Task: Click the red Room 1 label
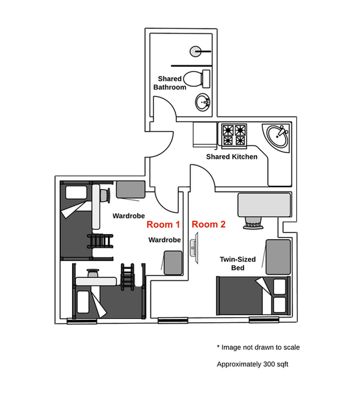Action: (163, 224)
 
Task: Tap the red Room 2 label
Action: (208, 224)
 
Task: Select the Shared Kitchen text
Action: (232, 156)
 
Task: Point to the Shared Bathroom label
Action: (170, 83)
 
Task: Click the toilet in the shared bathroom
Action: (197, 78)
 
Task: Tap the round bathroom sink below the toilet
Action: (203, 102)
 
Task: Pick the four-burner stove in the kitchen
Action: (234, 135)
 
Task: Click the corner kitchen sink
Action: (276, 136)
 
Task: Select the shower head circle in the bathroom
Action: (195, 51)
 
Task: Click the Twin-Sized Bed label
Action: (238, 264)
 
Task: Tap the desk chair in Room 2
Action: (253, 223)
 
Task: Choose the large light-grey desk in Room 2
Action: (264, 204)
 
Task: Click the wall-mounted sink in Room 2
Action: (194, 248)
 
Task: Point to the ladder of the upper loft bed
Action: (100, 241)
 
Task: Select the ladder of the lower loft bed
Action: (128, 277)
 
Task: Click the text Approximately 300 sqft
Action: (253, 365)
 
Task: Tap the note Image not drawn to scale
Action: (258, 347)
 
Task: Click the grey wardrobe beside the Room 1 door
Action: (130, 190)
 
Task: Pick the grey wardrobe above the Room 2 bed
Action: (278, 257)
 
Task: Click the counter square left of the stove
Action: (204, 134)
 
